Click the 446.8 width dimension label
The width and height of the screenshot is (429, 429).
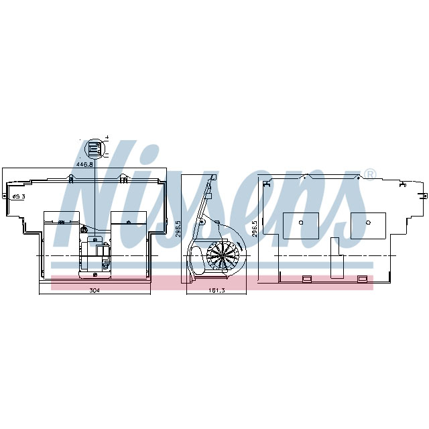pos(84,164)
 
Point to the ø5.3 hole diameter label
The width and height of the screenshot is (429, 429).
pos(17,196)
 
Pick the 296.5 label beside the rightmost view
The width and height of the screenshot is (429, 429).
pos(255,228)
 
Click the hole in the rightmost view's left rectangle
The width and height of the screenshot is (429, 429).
pos(300,223)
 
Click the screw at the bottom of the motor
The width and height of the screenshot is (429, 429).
pos(96,273)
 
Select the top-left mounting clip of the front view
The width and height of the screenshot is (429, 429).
pos(70,178)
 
